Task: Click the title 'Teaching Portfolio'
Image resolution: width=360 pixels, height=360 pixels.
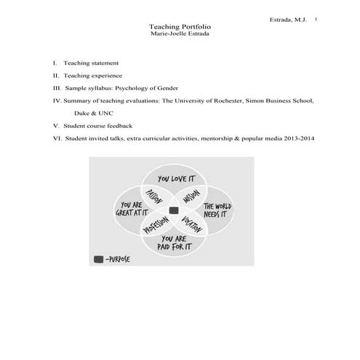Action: click(180, 26)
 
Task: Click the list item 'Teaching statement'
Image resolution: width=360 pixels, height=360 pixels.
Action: click(91, 63)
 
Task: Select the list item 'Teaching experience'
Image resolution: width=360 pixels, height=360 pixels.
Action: click(92, 75)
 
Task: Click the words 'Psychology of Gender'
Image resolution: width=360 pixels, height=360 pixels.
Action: click(147, 87)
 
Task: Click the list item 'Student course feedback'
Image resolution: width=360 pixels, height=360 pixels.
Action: click(98, 125)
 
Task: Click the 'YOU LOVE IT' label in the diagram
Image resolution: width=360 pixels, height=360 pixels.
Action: click(175, 178)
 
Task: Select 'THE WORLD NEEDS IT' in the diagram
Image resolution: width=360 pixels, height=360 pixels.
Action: click(217, 211)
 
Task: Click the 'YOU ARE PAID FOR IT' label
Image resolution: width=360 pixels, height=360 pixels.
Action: click(175, 242)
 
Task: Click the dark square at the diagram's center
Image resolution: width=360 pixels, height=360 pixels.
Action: click(174, 210)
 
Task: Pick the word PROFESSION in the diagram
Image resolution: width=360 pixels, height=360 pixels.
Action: click(156, 227)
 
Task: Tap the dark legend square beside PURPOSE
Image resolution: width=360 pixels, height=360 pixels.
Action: click(97, 258)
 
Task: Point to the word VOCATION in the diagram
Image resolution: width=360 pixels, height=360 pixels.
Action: click(192, 226)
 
